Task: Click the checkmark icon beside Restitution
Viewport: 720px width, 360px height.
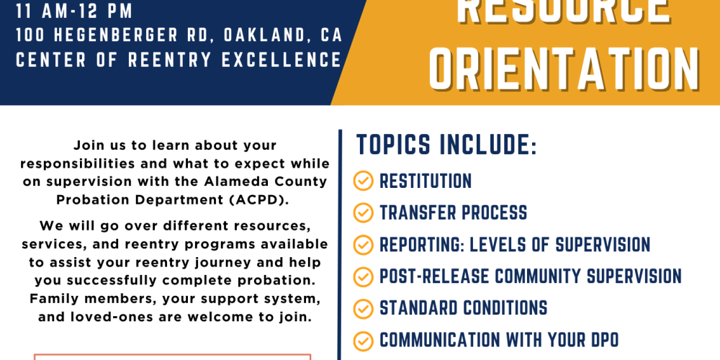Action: coord(363,181)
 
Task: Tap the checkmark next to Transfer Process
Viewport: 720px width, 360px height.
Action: coord(363,212)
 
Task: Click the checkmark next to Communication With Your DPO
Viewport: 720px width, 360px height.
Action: coord(363,341)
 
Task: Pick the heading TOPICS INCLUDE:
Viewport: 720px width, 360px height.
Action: coord(446,145)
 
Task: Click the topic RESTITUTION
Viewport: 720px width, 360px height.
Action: coord(426,181)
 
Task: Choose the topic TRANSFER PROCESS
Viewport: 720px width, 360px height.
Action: coord(453,212)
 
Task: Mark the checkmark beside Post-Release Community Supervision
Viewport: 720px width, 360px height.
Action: coord(363,277)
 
